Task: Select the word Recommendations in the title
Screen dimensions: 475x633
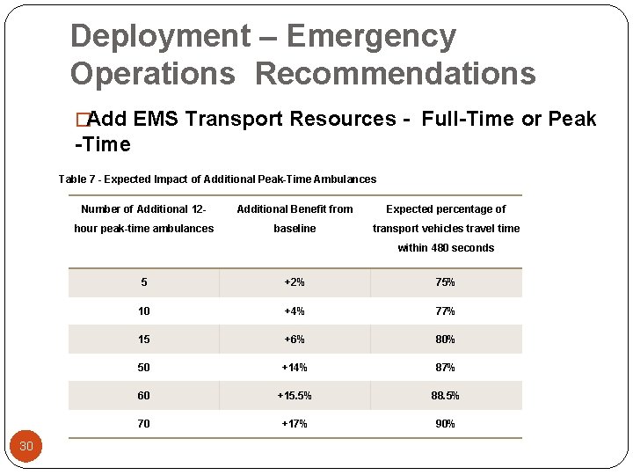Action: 395,73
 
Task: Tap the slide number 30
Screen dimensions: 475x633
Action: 26,446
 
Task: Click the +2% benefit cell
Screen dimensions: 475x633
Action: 295,283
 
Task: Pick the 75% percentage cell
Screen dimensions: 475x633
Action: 445,283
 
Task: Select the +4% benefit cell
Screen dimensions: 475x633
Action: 295,311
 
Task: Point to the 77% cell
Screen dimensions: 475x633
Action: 445,311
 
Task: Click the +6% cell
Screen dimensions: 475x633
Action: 295,340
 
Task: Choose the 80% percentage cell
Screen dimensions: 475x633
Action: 445,340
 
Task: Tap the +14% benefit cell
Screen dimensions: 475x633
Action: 295,368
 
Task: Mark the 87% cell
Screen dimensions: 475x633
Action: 445,368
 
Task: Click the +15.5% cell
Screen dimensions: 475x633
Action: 295,396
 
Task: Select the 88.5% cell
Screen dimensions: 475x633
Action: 445,396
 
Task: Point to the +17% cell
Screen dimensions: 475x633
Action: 295,424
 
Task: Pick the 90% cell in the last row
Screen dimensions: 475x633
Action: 445,424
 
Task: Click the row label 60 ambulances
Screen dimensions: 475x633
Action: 143,396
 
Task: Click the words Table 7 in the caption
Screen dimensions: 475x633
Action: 77,179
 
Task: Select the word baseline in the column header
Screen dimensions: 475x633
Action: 295,229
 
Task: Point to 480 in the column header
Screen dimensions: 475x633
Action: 439,248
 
